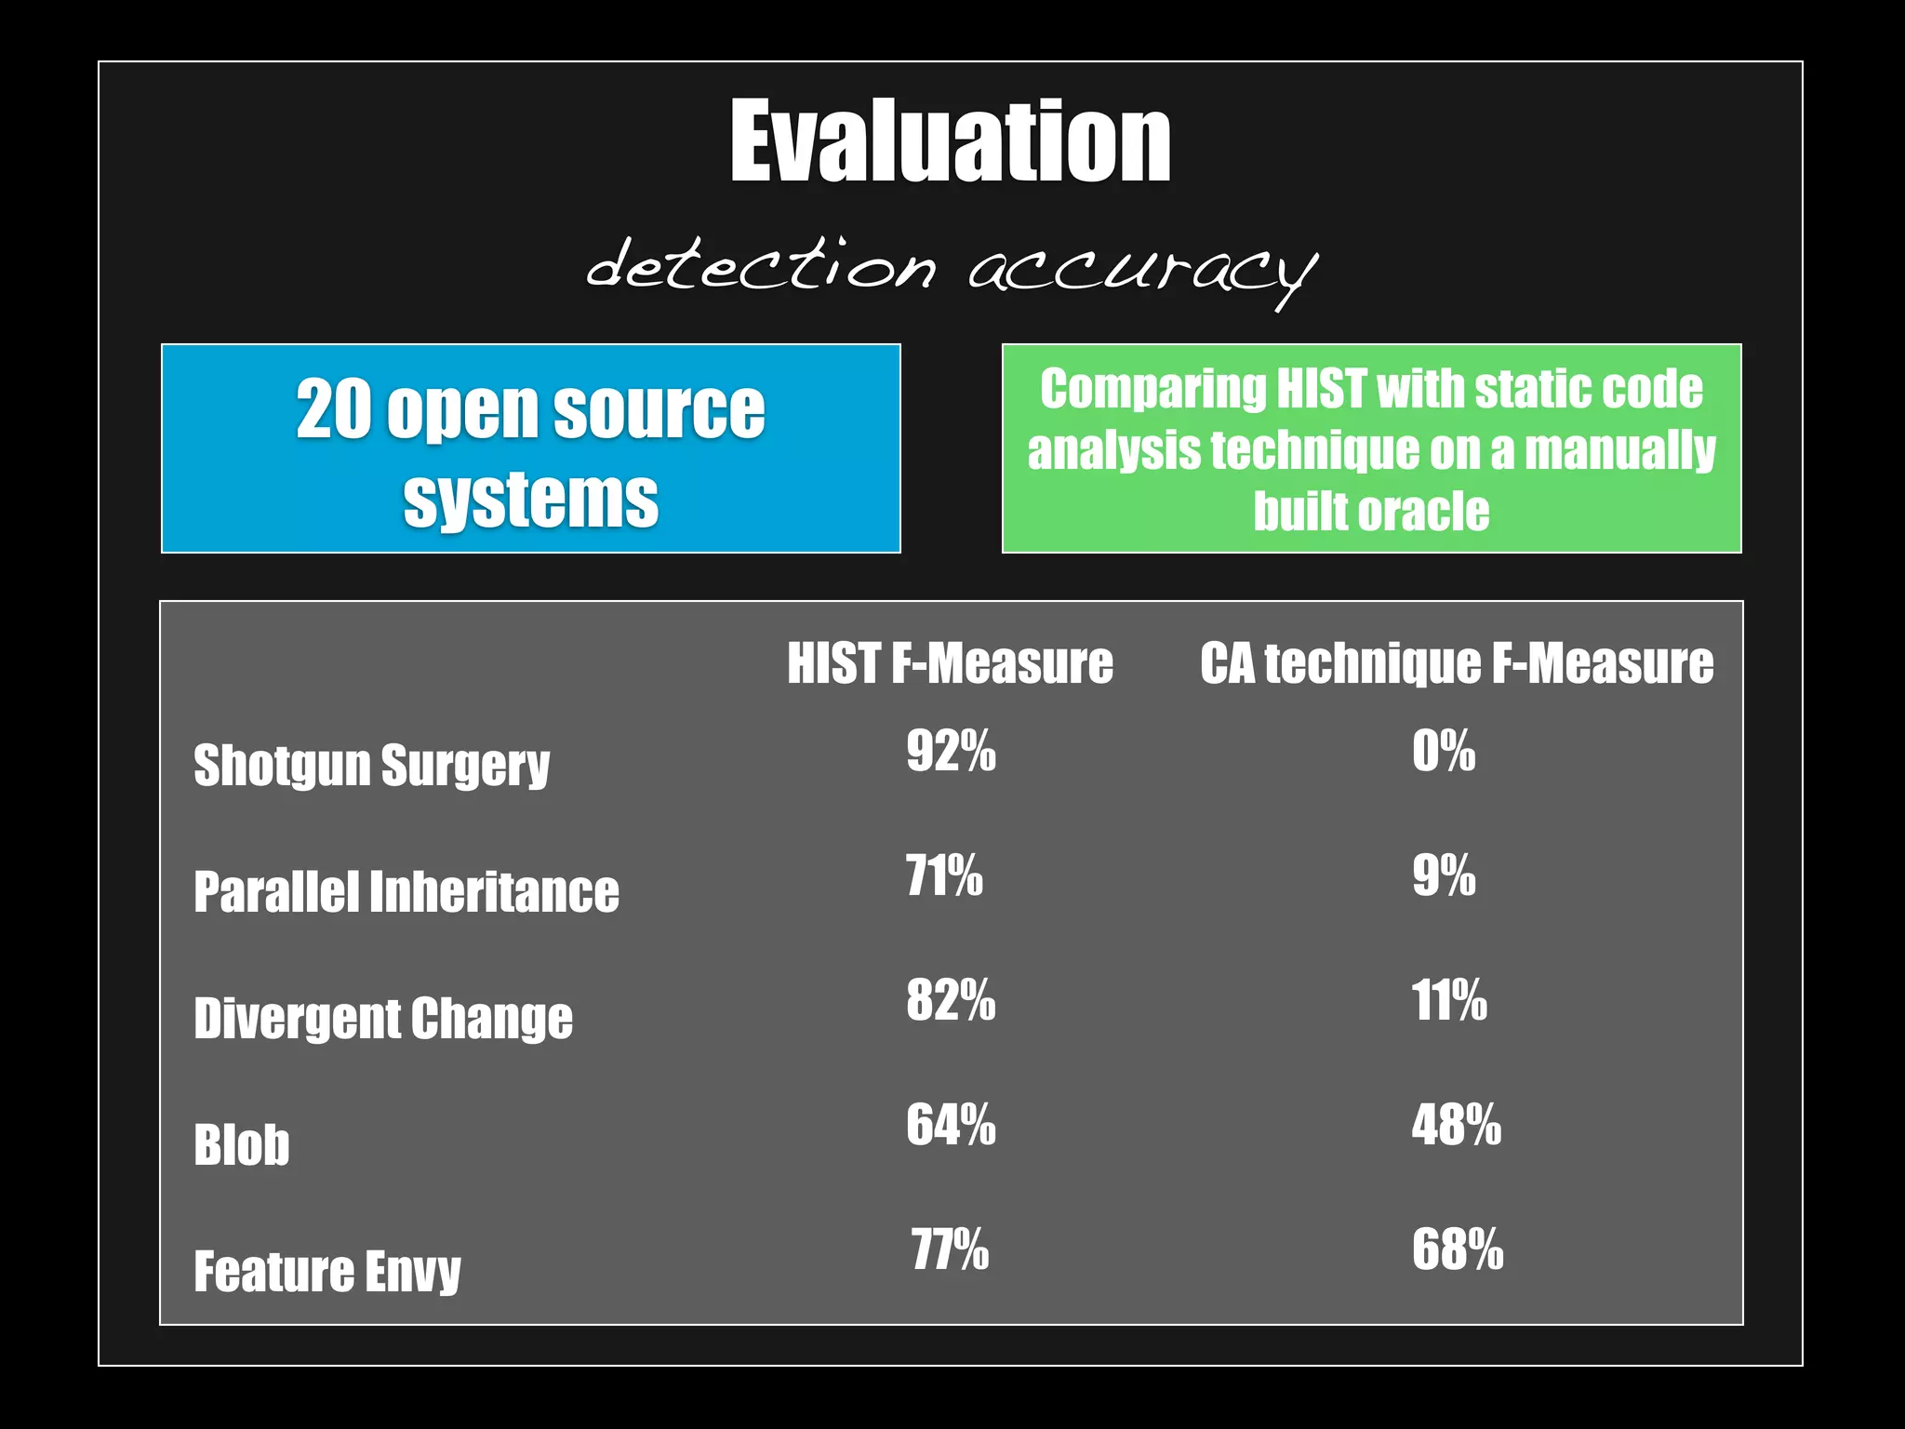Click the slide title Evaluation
[950, 141]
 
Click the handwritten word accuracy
[1142, 270]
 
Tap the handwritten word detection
[761, 265]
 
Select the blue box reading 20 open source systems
[531, 448]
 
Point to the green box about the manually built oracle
[1371, 448]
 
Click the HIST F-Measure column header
[950, 663]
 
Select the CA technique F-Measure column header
[1457, 663]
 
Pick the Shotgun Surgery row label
[372, 766]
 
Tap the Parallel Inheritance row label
[406, 891]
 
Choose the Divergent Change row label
[383, 1018]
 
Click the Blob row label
[242, 1144]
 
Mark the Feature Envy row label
[327, 1271]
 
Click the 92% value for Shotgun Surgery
[951, 750]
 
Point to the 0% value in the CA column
[1444, 750]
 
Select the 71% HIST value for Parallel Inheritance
[944, 875]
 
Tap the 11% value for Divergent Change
[1449, 1000]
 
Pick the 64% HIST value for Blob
[951, 1125]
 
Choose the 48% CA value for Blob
[1456, 1125]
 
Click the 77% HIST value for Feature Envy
[950, 1249]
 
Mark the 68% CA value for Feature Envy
[1457, 1249]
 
